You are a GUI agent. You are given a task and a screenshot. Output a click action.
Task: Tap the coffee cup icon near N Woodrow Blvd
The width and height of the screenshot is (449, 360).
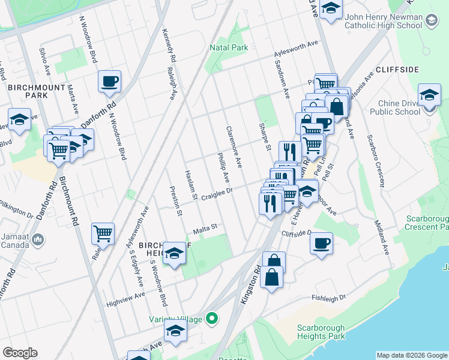pos(109,82)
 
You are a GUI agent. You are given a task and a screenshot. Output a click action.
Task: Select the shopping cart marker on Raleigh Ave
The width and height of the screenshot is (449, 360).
pos(103,233)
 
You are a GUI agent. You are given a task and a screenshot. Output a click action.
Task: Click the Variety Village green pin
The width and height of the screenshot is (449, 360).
pos(211,318)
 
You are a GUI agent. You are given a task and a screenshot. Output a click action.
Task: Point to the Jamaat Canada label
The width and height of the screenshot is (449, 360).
pos(15,240)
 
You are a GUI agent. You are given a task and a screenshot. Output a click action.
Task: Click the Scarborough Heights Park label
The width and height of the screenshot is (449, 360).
pos(321,332)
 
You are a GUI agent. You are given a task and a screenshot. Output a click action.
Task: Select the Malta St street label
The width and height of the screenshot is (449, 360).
pos(204,229)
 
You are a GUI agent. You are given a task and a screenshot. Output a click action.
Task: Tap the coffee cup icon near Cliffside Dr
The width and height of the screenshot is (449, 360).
pos(321,244)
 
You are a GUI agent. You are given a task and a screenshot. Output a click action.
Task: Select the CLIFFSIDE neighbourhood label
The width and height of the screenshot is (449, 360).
pos(397,70)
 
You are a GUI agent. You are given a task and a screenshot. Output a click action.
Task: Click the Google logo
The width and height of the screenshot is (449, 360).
pos(20,353)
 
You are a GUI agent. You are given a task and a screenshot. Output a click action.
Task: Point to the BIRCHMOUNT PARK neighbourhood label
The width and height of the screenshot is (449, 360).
pos(28,91)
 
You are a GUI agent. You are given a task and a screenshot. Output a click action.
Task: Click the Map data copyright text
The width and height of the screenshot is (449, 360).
pos(412,355)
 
